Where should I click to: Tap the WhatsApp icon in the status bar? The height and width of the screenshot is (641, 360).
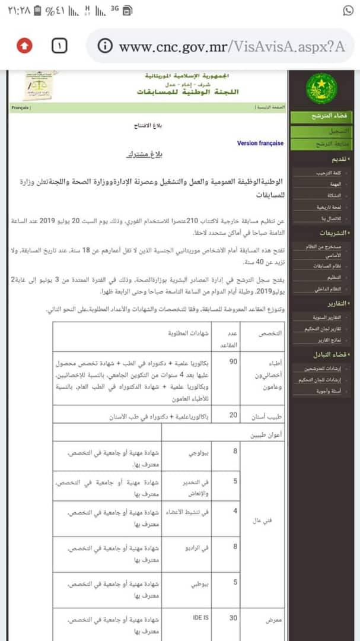pyautogui.click(x=348, y=11)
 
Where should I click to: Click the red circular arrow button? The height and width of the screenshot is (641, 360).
pyautogui.click(x=24, y=46)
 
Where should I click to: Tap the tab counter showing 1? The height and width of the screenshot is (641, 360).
pyautogui.click(x=60, y=46)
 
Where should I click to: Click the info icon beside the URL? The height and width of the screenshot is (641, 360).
pyautogui.click(x=105, y=46)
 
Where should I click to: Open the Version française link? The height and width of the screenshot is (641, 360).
pyautogui.click(x=260, y=143)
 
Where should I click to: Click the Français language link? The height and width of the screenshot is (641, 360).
pyautogui.click(x=21, y=108)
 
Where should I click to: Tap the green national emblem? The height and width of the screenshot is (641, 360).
pyautogui.click(x=321, y=88)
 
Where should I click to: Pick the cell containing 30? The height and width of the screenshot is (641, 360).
pyautogui.click(x=234, y=618)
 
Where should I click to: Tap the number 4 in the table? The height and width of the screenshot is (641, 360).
pyautogui.click(x=235, y=510)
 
